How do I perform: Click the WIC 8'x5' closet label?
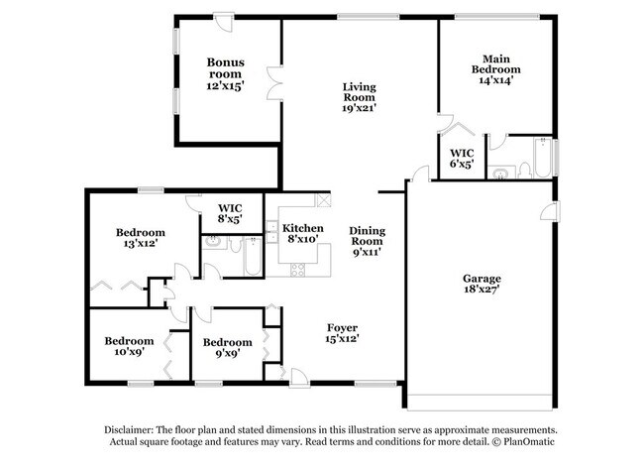pos(229,213)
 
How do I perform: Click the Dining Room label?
pos(366,235)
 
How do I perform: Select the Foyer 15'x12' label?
pos(343,332)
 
